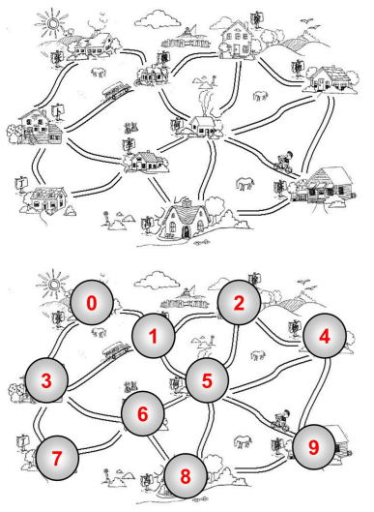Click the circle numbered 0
point(92,302)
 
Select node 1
point(154,336)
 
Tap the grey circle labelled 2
point(239,302)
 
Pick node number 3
point(46,379)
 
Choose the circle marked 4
point(325,336)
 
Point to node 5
point(208,379)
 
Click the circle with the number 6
point(143,413)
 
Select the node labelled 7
point(57,458)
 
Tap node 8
point(186,475)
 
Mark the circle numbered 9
point(314,447)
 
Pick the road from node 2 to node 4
point(277,333)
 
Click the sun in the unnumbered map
point(52,23)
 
